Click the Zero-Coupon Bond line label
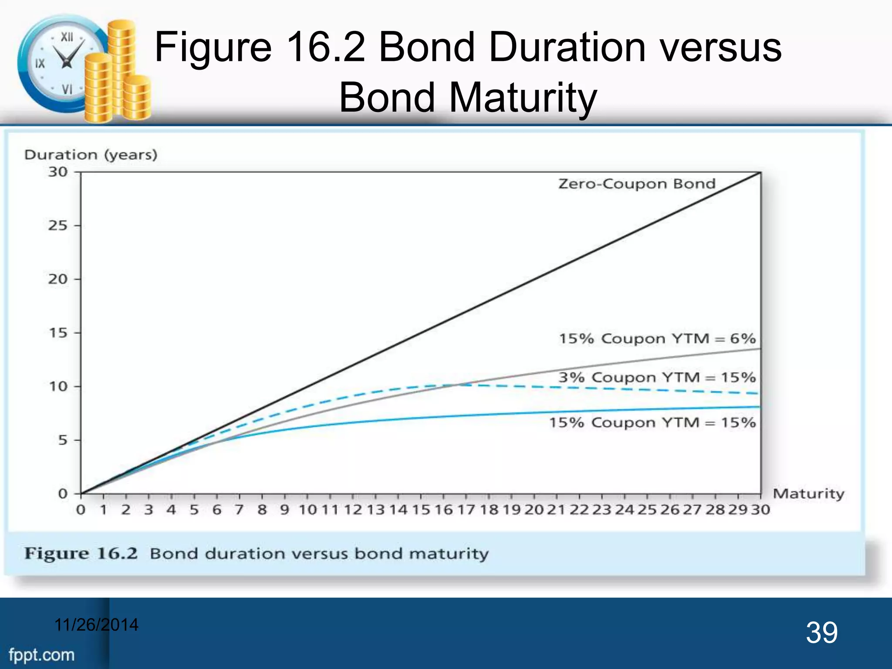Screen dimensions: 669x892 click(637, 184)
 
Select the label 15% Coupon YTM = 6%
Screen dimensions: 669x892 click(657, 338)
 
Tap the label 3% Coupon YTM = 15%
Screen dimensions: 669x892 click(657, 377)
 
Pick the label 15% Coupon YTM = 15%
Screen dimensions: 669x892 click(652, 422)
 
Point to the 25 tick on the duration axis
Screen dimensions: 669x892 click(58, 226)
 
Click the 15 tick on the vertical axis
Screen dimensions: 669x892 click(58, 333)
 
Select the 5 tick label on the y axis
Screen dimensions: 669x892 click(63, 440)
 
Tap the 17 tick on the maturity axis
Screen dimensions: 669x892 click(466, 510)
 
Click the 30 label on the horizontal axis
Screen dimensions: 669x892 click(760, 510)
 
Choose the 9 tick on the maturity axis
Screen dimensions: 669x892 click(284, 510)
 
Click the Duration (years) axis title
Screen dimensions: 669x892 click(91, 155)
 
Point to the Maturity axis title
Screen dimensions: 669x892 click(808, 494)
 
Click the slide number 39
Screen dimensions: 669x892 click(821, 632)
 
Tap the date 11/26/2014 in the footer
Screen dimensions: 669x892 click(96, 625)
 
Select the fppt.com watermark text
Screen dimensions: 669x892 click(42, 655)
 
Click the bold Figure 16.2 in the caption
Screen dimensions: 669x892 click(81, 554)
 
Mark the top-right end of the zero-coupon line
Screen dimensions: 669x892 click(760, 173)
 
